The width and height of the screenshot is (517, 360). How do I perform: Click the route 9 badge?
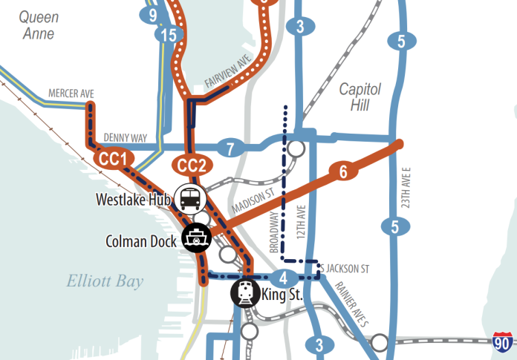click(152, 14)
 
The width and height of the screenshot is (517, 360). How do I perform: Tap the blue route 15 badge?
click(171, 34)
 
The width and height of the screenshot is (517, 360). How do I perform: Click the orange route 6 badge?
click(342, 172)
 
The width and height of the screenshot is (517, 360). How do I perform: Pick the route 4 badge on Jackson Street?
click(283, 279)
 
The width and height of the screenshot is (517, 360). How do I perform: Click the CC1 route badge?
click(114, 158)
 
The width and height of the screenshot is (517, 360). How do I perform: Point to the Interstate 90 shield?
click(504, 343)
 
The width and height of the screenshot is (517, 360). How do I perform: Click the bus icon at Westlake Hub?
click(190, 198)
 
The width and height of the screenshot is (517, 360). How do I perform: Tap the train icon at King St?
click(244, 293)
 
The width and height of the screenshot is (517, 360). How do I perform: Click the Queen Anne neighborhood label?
click(38, 24)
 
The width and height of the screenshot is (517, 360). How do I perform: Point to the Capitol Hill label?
click(360, 97)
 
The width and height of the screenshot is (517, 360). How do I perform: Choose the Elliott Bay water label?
click(105, 281)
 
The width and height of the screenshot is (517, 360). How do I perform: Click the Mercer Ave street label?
click(71, 93)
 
